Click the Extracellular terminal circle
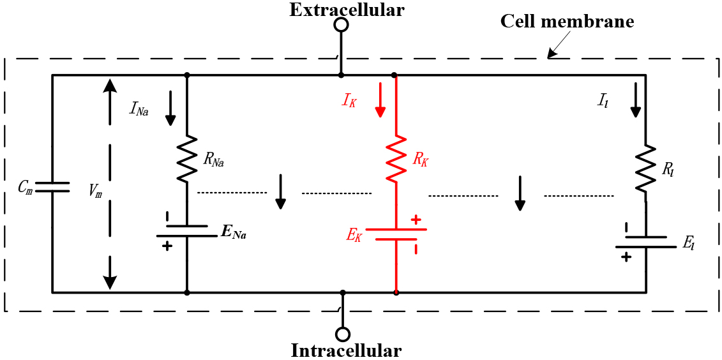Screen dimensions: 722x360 (x=341, y=25)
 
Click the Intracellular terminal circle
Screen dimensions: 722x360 (x=342, y=334)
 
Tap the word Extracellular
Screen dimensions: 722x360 (x=347, y=10)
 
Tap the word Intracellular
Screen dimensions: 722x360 (x=347, y=351)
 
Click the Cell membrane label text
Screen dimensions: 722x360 (x=568, y=22)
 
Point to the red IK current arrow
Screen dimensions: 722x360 (x=380, y=100)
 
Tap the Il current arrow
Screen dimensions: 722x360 (x=635, y=100)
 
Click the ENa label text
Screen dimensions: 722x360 (x=233, y=234)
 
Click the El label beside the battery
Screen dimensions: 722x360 (x=689, y=244)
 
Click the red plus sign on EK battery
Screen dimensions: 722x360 (x=416, y=220)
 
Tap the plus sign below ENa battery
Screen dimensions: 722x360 (x=167, y=246)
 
